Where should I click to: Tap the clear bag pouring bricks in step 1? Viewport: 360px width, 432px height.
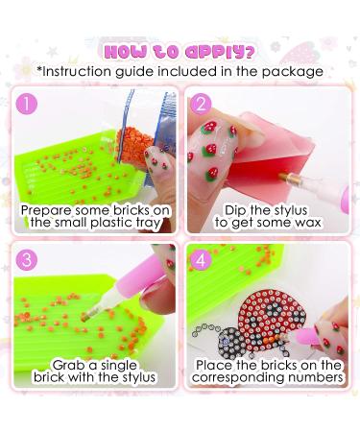point(144,120)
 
